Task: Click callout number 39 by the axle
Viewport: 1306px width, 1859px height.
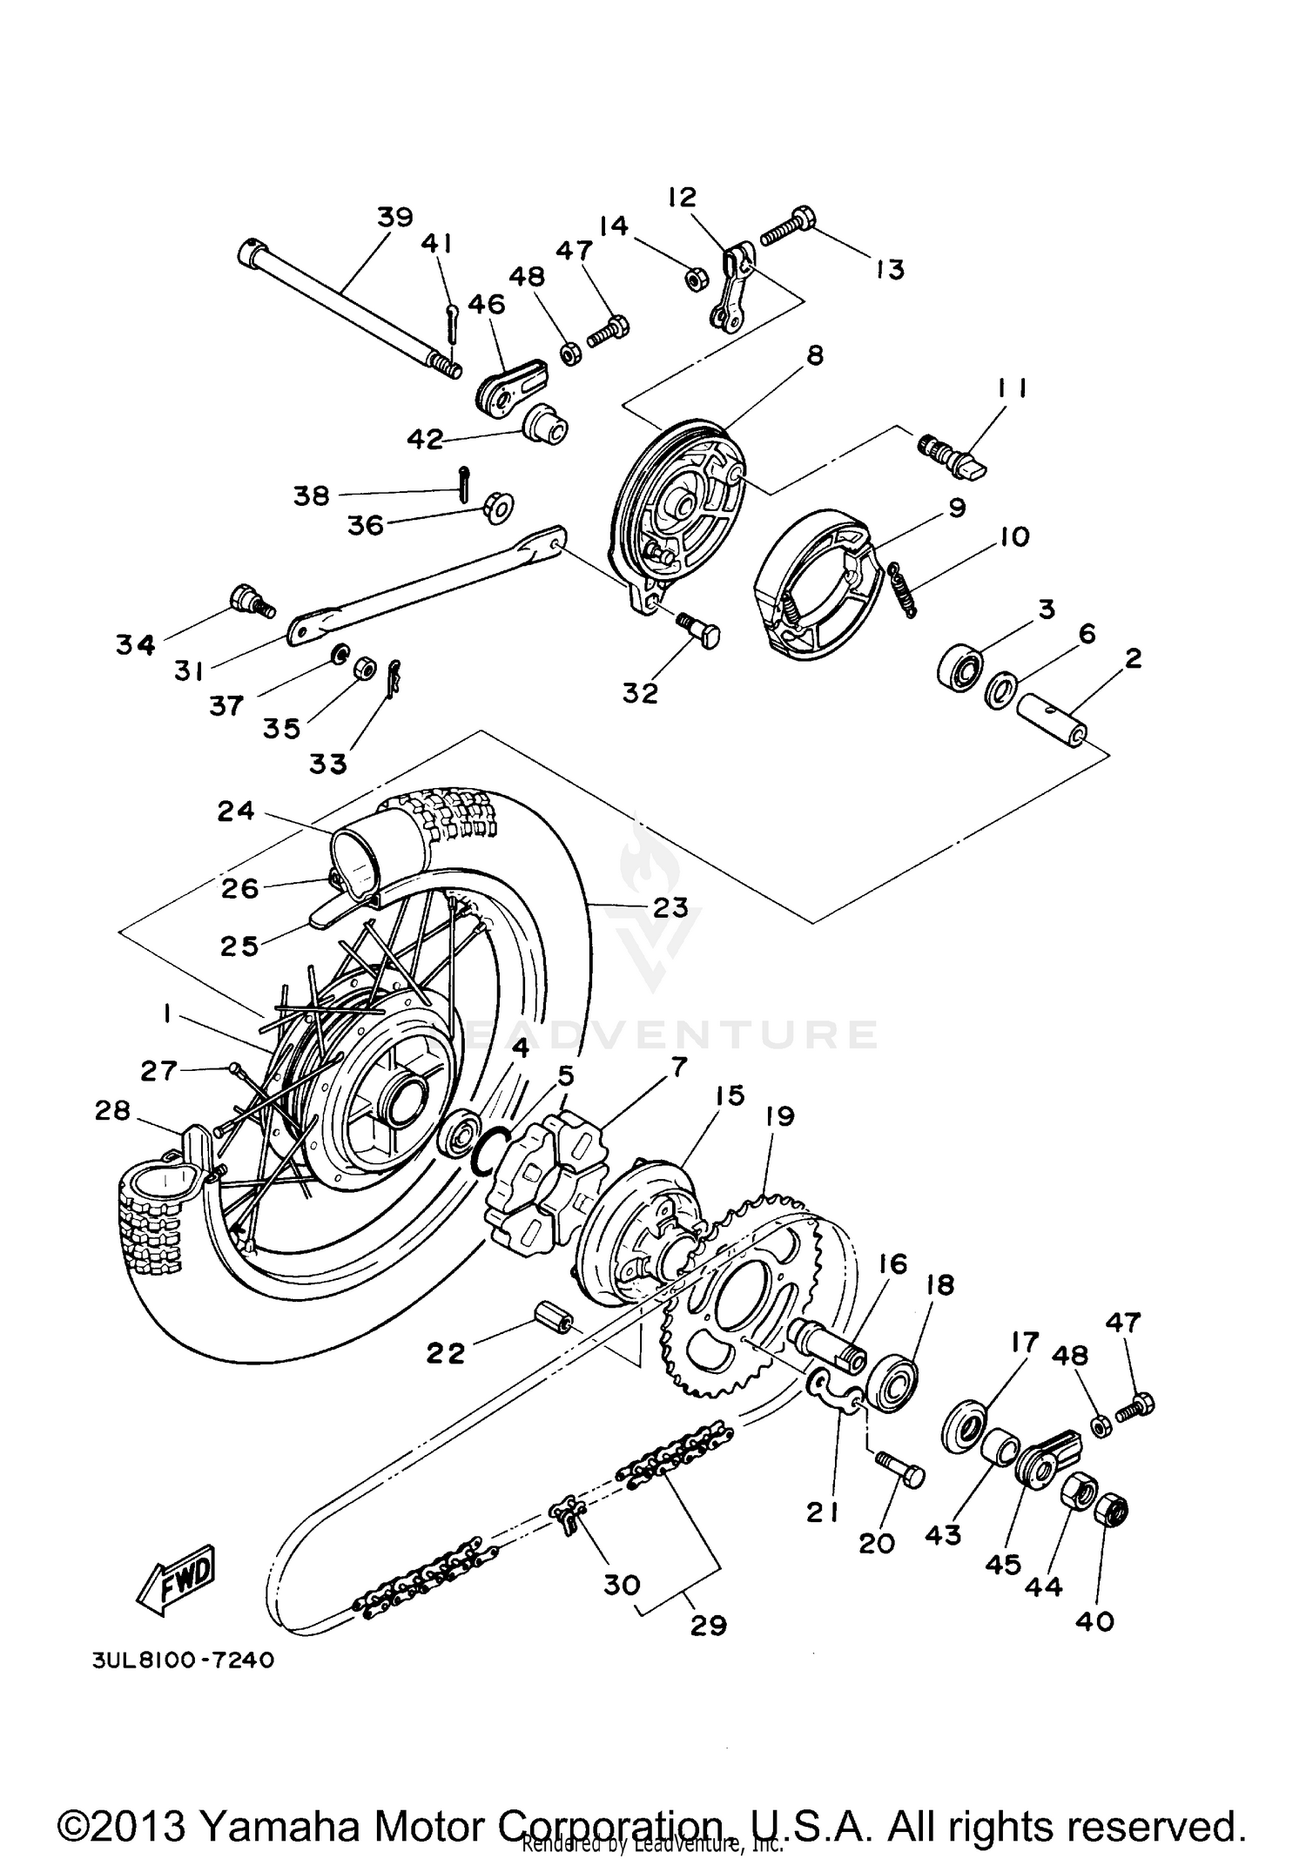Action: (394, 217)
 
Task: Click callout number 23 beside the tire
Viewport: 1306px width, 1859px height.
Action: (670, 907)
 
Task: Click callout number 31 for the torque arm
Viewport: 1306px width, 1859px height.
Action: (188, 671)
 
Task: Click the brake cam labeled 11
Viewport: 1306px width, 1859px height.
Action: (954, 455)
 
